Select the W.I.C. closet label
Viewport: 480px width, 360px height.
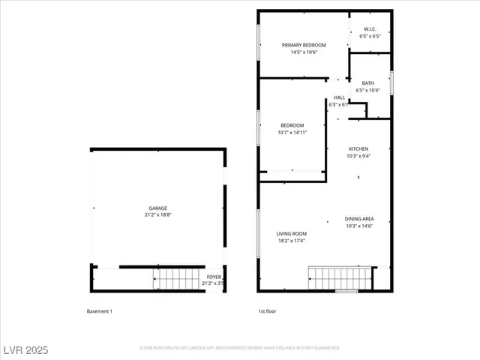click(370, 29)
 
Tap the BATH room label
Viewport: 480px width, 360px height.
click(367, 83)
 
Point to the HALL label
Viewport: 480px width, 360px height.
click(339, 97)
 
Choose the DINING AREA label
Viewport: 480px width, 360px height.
click(359, 219)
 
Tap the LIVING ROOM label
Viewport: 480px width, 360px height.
click(292, 233)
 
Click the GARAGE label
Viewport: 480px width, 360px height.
click(157, 208)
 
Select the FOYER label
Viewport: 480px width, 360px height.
click(214, 277)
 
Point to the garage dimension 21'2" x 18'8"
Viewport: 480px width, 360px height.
click(157, 214)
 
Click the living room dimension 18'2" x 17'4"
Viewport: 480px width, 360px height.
click(292, 241)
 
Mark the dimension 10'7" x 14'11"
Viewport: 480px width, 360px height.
click(292, 133)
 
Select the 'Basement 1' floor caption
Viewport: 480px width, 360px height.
click(100, 310)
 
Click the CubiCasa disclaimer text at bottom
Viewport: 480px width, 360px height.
click(239, 348)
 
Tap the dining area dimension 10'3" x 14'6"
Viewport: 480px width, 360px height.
click(359, 226)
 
